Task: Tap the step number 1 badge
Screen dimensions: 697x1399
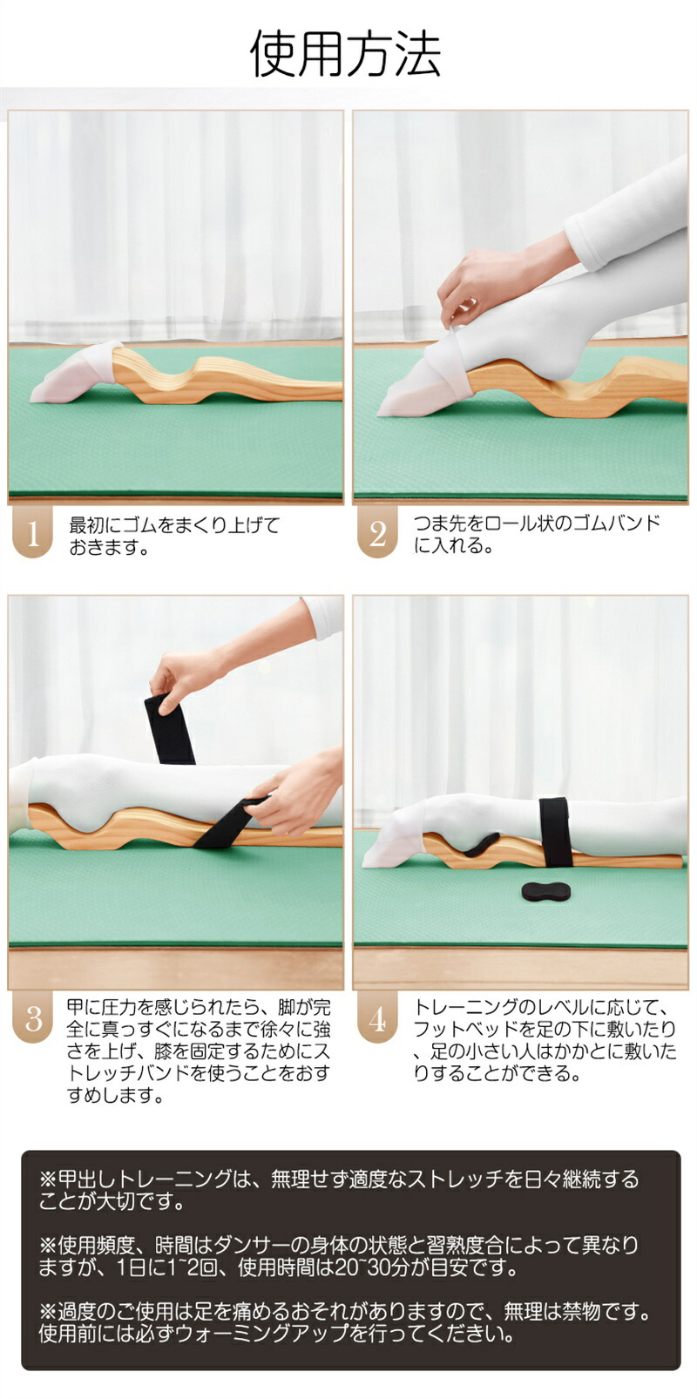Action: (x=32, y=533)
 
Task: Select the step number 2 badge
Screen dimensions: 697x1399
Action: (x=377, y=533)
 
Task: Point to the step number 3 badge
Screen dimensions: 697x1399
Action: (x=32, y=1018)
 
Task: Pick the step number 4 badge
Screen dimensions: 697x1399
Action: (x=377, y=1018)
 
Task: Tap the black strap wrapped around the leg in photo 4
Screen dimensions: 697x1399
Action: (x=556, y=831)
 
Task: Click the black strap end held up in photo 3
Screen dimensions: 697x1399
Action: (x=169, y=728)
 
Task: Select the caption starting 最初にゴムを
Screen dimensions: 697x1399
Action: (x=174, y=536)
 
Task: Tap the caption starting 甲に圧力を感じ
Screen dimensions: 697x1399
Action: (x=199, y=1051)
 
